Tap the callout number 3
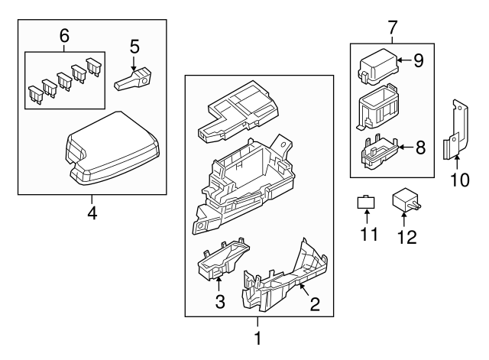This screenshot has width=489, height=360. [x=219, y=301]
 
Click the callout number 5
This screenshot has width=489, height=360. [x=134, y=47]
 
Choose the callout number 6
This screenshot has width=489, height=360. [x=64, y=35]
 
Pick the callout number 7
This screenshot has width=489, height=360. [x=393, y=28]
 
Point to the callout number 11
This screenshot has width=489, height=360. [x=369, y=233]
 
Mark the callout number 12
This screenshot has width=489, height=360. [x=406, y=237]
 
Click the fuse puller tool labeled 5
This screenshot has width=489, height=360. [x=134, y=78]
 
